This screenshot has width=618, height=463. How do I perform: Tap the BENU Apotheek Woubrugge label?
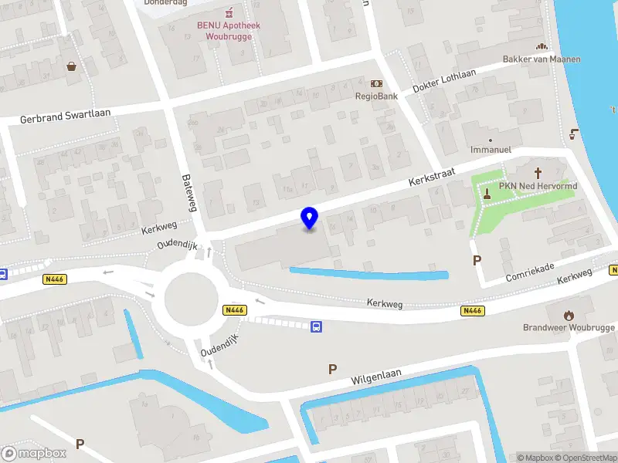tap(228, 30)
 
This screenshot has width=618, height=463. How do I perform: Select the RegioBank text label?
tap(376, 96)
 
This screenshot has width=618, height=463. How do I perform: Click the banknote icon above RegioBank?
tap(376, 83)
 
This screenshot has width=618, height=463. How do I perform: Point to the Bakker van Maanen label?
tap(552, 59)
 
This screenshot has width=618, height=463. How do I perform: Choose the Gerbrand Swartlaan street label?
tap(66, 117)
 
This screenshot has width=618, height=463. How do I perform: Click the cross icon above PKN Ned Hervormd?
tap(538, 173)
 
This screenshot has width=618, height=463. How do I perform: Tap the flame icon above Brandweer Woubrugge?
tap(570, 315)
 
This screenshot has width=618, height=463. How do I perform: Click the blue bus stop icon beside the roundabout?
tap(317, 326)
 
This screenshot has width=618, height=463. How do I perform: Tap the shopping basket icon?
tap(72, 66)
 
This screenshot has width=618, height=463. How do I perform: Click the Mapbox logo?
tap(34, 454)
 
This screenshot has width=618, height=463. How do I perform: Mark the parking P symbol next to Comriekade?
tap(477, 261)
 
